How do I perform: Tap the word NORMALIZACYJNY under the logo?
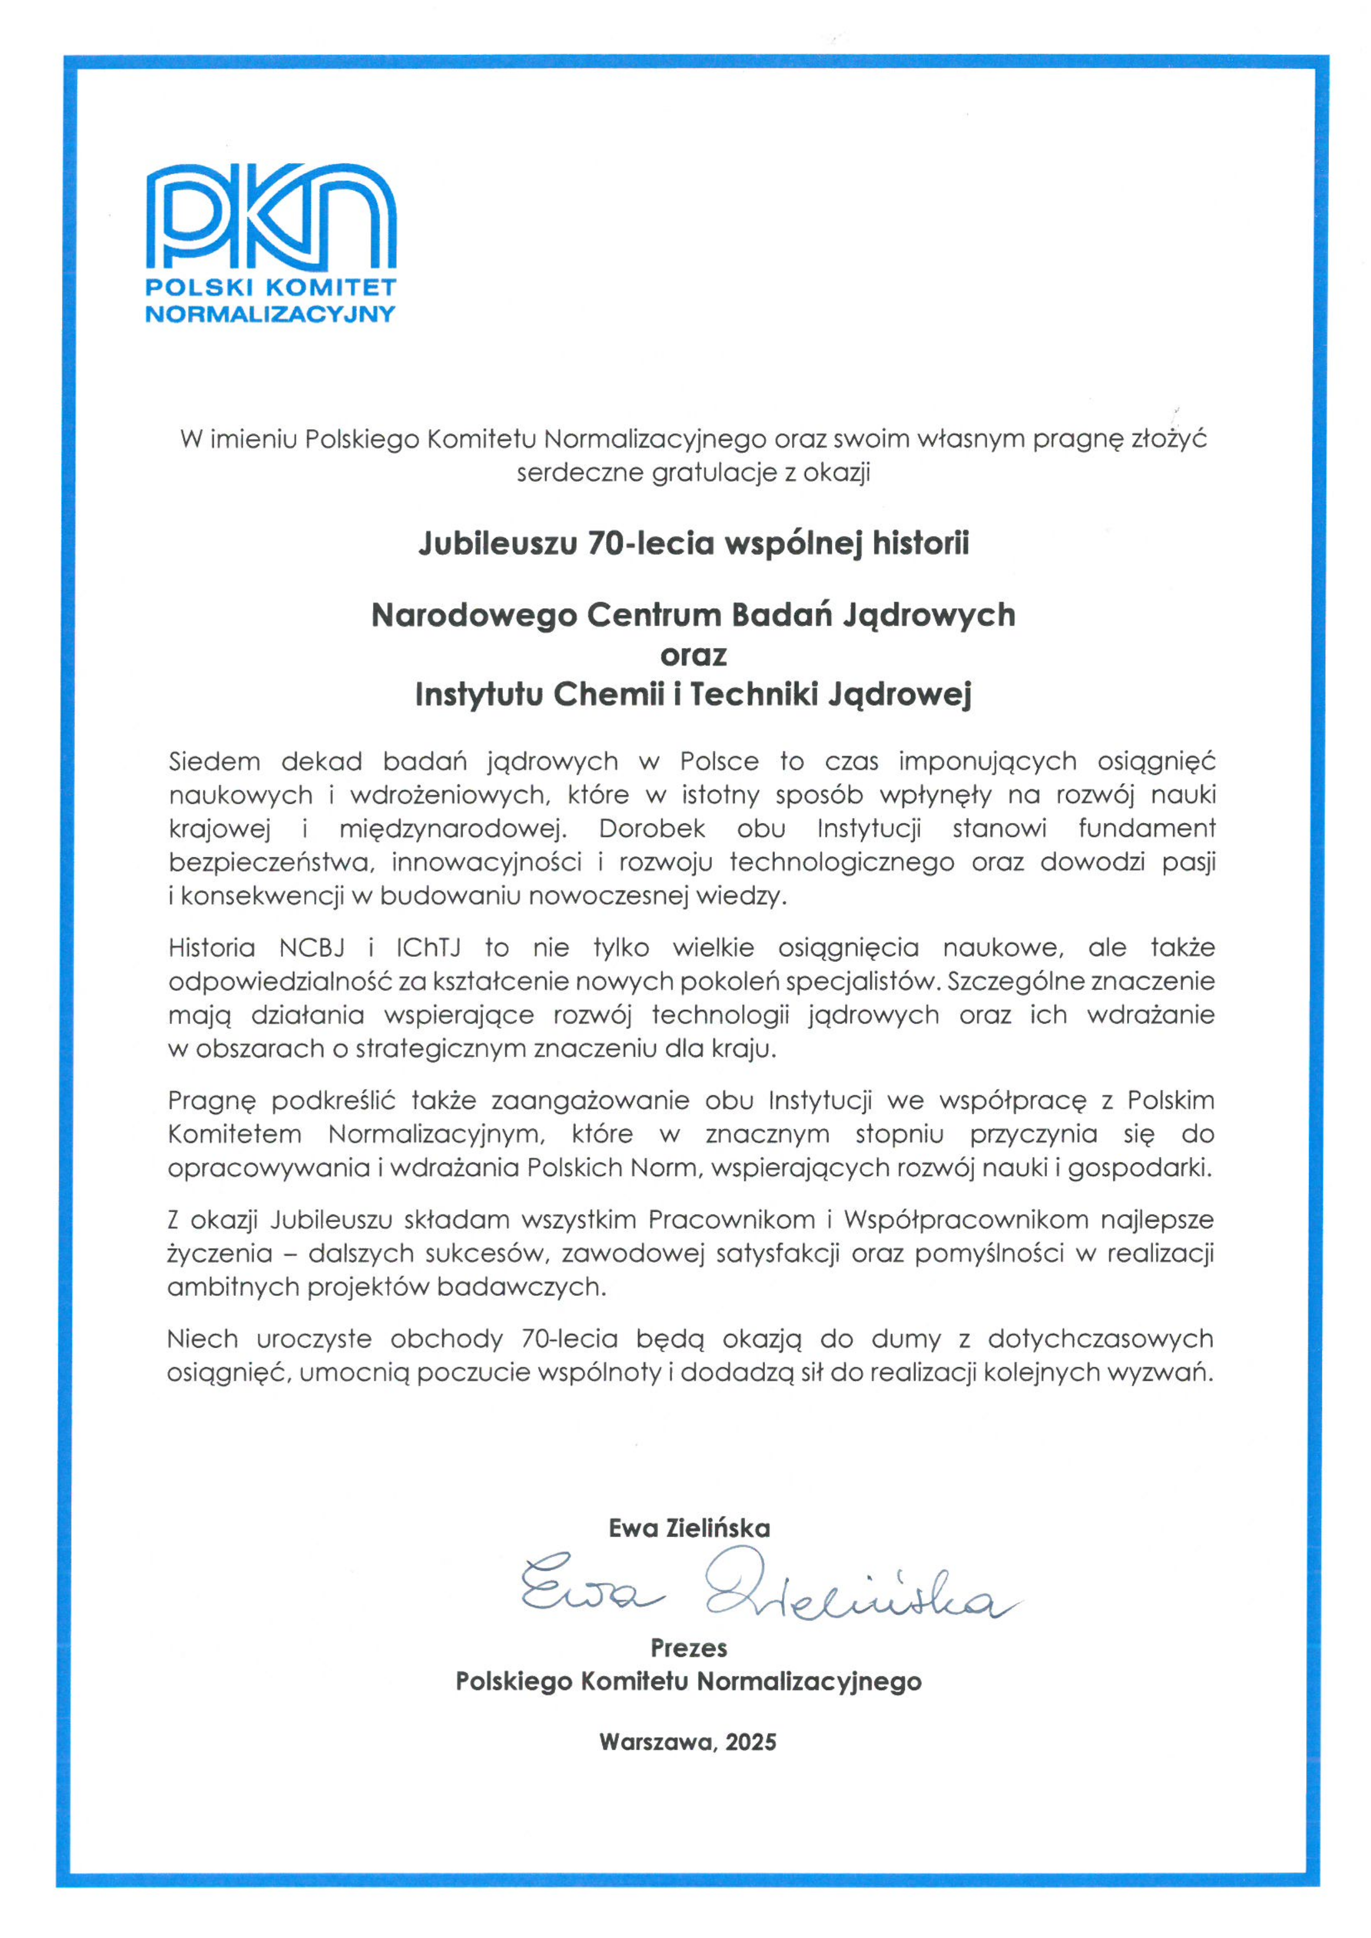click(270, 314)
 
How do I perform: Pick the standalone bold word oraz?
click(693, 655)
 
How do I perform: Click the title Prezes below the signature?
click(689, 1648)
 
